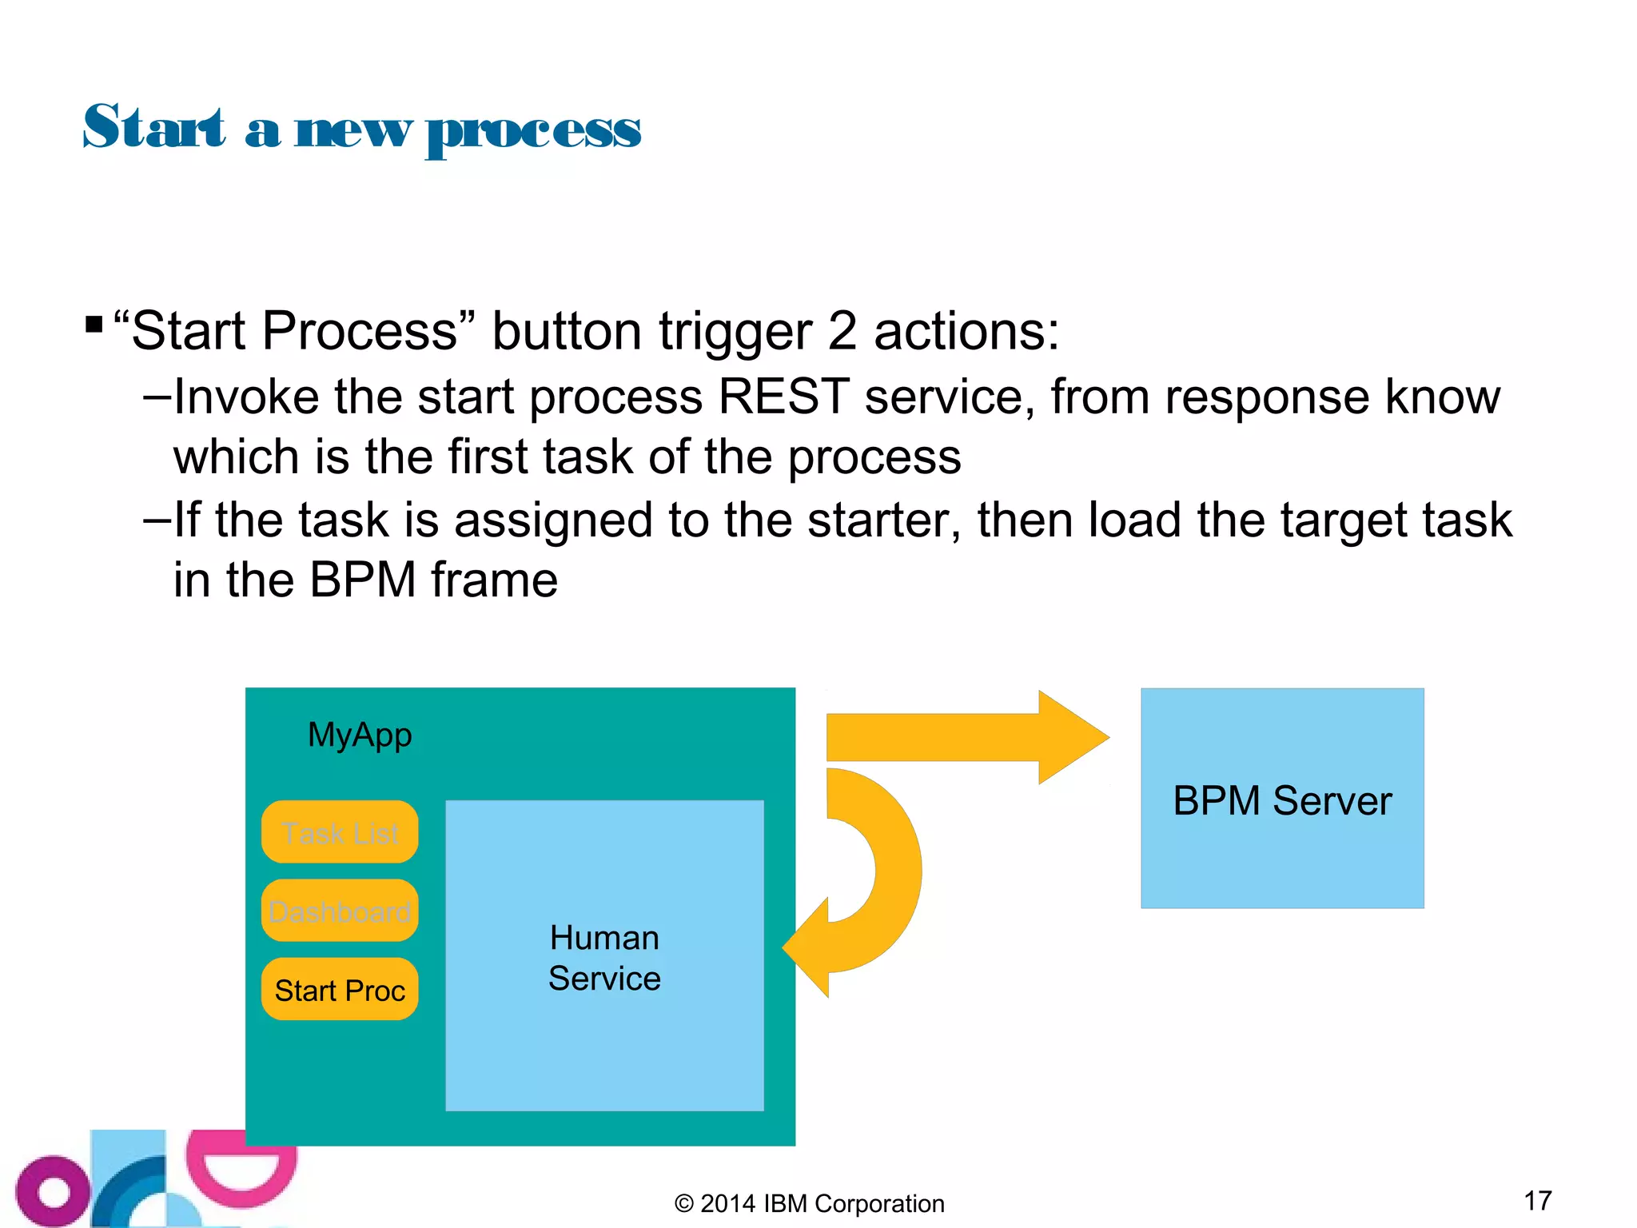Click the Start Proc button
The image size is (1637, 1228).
coord(340,990)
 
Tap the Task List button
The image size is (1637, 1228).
coord(340,832)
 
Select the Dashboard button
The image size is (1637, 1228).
coord(340,911)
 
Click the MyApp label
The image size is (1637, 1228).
coord(360,735)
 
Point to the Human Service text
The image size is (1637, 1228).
coord(604,958)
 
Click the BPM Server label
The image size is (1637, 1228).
coord(1282,800)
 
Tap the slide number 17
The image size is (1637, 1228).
coord(1537,1200)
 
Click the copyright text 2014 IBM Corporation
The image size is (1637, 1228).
coord(810,1203)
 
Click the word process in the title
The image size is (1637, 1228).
coord(533,130)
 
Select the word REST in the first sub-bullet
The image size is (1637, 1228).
coord(783,397)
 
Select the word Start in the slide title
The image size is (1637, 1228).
coord(154,128)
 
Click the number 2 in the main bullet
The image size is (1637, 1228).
coord(842,331)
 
